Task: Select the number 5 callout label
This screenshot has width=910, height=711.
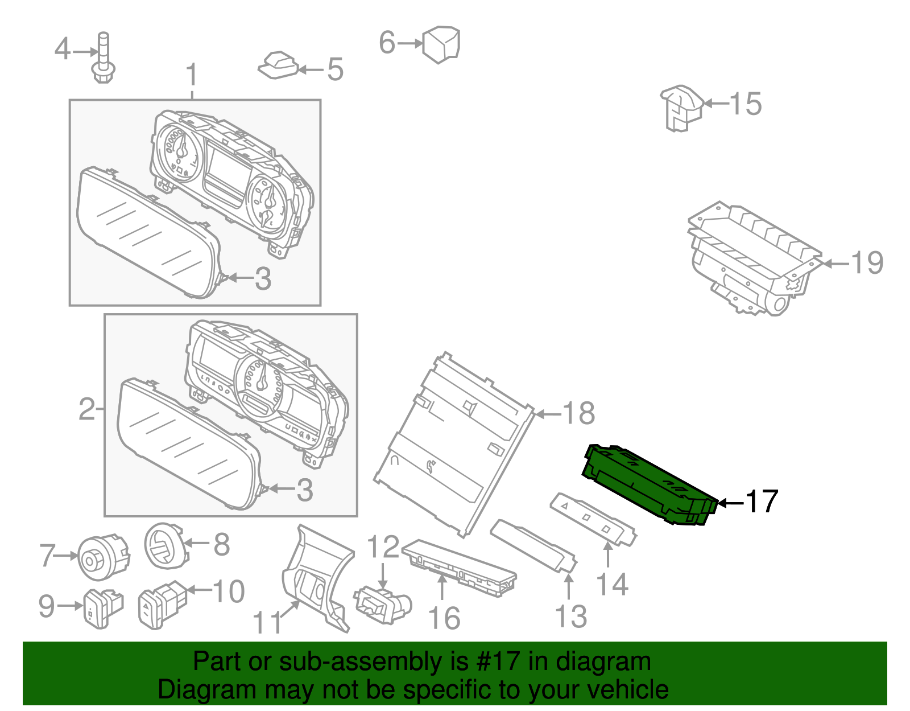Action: pyautogui.click(x=335, y=70)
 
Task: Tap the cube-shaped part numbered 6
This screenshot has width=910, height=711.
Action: pyautogui.click(x=441, y=43)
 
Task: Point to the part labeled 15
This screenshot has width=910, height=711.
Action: pyautogui.click(x=681, y=108)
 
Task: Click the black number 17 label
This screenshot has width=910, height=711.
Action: pyautogui.click(x=761, y=502)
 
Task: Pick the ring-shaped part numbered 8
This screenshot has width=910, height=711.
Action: pyautogui.click(x=164, y=545)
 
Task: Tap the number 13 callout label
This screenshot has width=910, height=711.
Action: pyautogui.click(x=570, y=617)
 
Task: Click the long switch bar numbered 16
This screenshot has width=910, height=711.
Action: pyautogui.click(x=458, y=567)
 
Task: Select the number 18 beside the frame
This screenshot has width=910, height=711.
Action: pyautogui.click(x=578, y=413)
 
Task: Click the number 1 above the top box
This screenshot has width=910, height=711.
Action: pyautogui.click(x=192, y=76)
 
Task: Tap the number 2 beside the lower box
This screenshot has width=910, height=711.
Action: pyautogui.click(x=86, y=409)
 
